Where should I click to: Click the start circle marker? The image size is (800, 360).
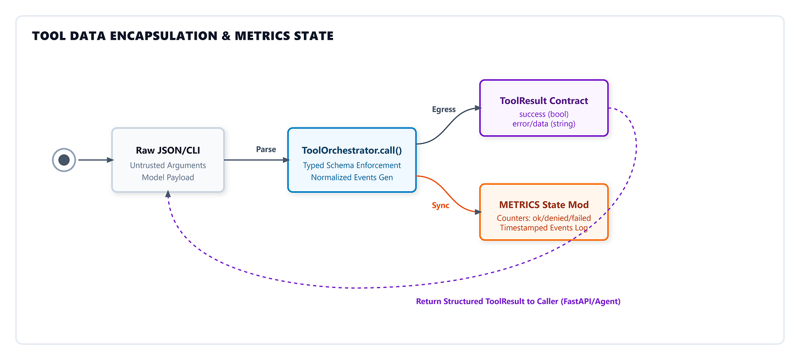click(x=64, y=160)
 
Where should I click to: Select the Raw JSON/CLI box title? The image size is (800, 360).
click(x=168, y=151)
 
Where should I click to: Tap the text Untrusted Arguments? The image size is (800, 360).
click(x=168, y=165)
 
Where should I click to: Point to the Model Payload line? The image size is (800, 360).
click(x=168, y=178)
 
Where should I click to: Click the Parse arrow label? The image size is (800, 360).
click(x=266, y=149)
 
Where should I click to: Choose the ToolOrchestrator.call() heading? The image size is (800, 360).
click(x=352, y=151)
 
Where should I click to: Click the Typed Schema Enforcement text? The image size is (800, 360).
click(x=352, y=165)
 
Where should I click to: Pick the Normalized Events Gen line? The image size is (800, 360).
click(x=352, y=178)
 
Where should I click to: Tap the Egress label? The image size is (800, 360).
click(x=444, y=109)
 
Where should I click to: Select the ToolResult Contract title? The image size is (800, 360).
click(x=544, y=101)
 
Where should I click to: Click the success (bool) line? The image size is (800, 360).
click(x=544, y=114)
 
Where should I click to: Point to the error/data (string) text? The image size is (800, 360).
click(x=544, y=124)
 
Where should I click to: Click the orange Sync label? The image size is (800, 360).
click(x=441, y=206)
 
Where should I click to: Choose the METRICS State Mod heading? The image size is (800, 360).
click(x=544, y=204)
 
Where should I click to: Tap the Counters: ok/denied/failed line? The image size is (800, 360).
click(x=544, y=218)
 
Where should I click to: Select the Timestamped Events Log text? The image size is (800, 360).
click(x=544, y=228)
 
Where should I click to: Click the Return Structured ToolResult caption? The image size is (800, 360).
click(x=518, y=301)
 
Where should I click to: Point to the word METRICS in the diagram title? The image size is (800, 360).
click(x=260, y=36)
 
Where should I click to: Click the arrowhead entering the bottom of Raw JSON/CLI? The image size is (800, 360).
click(x=168, y=194)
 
